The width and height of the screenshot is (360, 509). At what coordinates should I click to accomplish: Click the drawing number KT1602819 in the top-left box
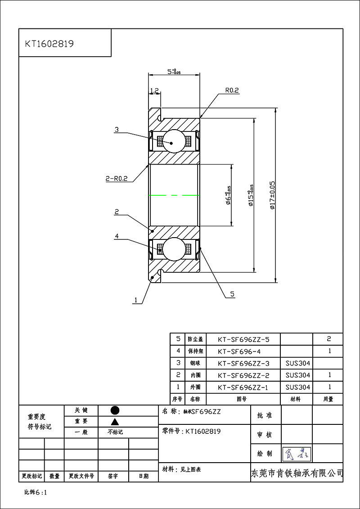coord(49,44)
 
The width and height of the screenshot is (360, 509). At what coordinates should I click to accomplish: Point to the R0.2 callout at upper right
coord(232,90)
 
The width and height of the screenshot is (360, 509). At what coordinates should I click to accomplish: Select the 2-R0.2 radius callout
coord(116,178)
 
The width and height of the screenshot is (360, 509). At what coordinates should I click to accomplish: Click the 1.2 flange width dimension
coord(154,90)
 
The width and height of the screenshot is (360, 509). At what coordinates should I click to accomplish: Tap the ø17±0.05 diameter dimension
coord(272,196)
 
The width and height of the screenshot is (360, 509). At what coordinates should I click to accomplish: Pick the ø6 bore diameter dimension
coord(228,195)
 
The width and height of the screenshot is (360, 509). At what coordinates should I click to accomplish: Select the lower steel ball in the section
coord(173,249)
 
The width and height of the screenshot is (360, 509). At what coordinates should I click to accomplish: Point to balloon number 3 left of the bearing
coord(117,130)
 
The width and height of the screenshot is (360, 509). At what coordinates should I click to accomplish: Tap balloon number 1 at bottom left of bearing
coord(135,299)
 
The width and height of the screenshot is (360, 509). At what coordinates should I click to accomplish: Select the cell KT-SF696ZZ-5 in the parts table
coord(243,339)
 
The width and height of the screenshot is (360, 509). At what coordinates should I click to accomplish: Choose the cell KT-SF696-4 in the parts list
coord(243,351)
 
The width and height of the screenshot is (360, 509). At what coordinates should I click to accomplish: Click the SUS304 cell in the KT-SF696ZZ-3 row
coord(297,363)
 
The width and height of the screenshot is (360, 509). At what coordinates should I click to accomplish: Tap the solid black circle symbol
coord(115,410)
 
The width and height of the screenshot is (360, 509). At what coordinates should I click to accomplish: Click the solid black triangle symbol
coord(115,421)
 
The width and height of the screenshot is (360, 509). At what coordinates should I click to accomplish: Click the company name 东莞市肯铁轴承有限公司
coord(296,473)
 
